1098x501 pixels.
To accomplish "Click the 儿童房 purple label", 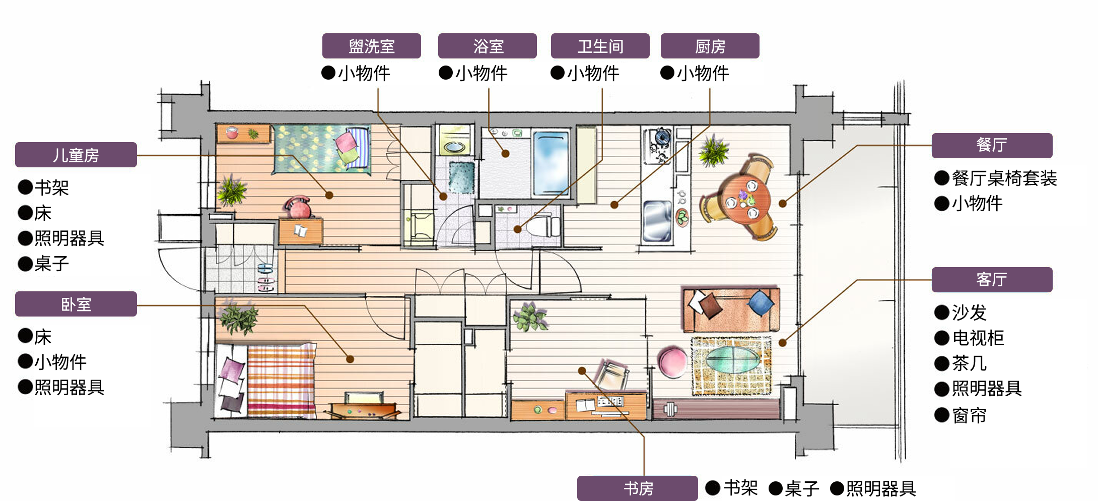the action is (76, 155).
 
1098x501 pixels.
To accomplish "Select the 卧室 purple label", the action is (76, 304).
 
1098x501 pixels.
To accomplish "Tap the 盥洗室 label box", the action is (372, 46).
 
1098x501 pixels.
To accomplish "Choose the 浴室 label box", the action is (488, 46).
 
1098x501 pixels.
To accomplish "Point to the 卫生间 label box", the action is (600, 46).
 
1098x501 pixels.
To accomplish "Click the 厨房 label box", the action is (710, 46).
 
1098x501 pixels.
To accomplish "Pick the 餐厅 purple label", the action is (992, 145).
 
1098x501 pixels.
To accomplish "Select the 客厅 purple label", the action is (992, 279).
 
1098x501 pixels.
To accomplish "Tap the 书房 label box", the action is (638, 488).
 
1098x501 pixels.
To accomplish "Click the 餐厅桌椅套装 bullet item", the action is (996, 178).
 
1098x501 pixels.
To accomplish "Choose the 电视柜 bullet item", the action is (970, 338).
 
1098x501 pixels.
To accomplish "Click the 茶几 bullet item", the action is (960, 363).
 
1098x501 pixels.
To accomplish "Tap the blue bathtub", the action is (551, 162).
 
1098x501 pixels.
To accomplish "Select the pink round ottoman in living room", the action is (672, 361).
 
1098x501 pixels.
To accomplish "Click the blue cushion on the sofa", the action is (760, 303).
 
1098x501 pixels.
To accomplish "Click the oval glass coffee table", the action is (733, 359).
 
